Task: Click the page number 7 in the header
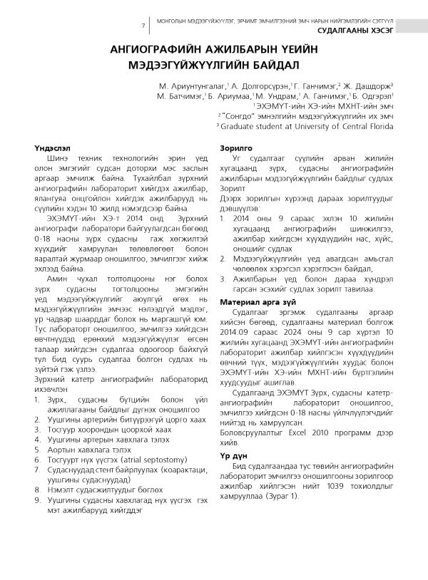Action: (143, 26)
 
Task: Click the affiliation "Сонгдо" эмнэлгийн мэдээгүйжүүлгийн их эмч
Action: (307, 115)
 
